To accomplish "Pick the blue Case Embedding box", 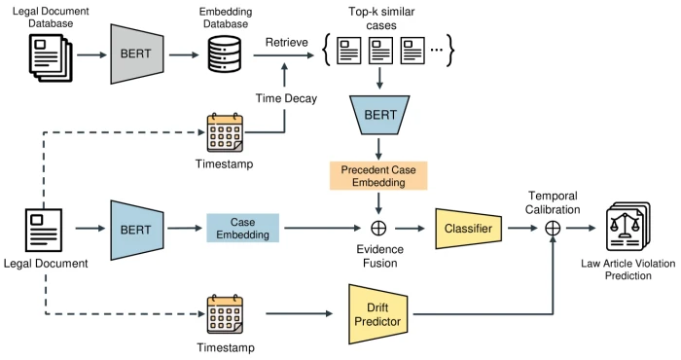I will (x=242, y=229).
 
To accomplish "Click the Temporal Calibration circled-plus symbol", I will (x=554, y=229).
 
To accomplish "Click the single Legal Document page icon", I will (x=43, y=229).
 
